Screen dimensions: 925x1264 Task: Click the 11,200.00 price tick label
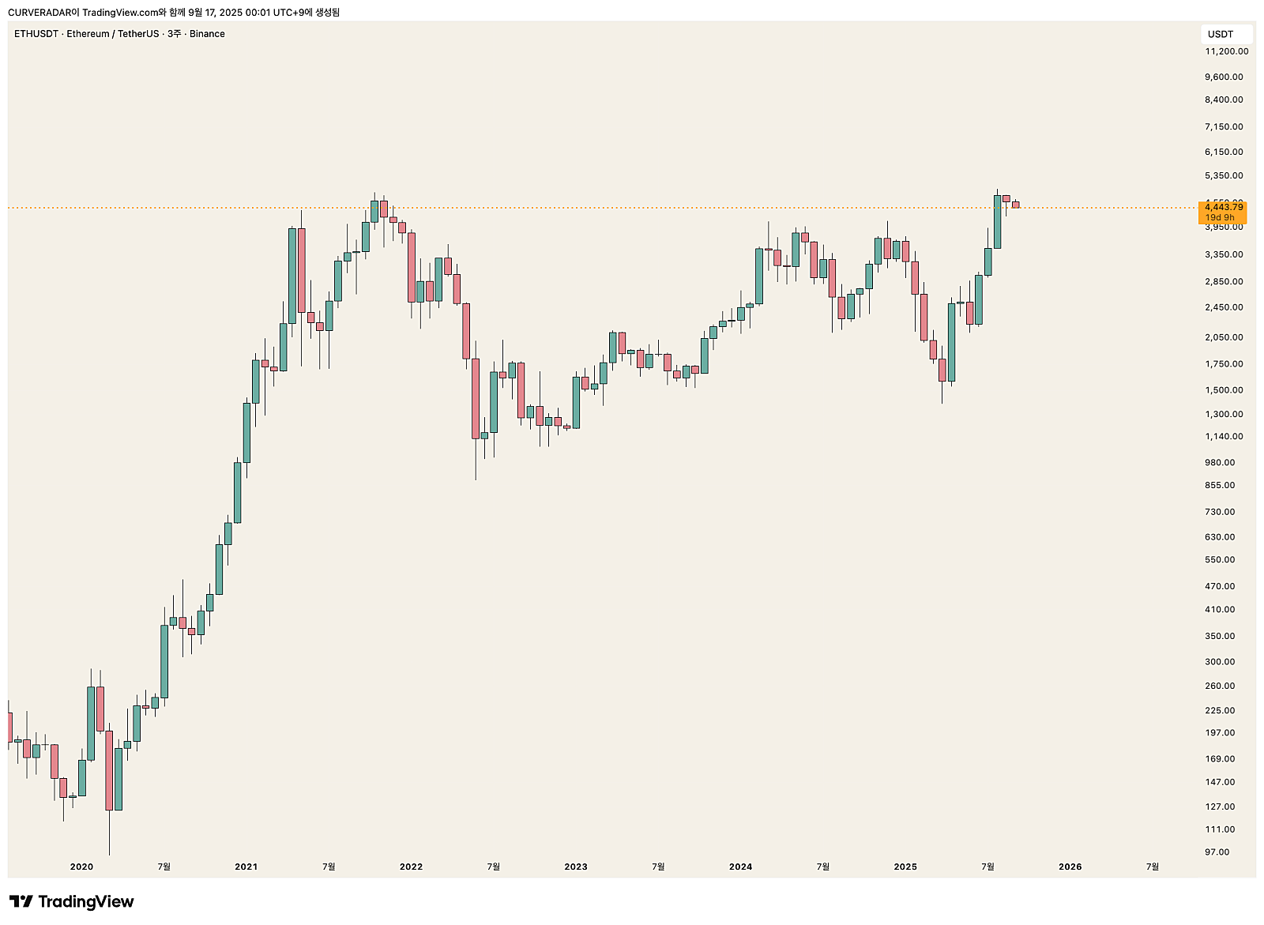[x=1226, y=51]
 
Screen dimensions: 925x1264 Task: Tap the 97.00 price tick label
[x=1217, y=852]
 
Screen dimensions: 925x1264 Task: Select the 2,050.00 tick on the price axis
[x=1224, y=337]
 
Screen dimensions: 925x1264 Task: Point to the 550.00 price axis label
[x=1220, y=559]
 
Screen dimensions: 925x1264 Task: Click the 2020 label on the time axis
[x=81, y=867]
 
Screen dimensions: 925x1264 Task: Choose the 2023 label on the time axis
[x=576, y=867]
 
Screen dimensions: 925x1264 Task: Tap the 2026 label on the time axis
[x=1070, y=867]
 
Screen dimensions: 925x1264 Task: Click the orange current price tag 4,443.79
[x=1224, y=207]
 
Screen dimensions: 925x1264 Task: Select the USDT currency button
[x=1221, y=34]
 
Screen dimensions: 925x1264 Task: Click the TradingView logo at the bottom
[x=71, y=901]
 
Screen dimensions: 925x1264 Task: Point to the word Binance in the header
[x=207, y=34]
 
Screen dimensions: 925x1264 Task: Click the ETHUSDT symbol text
[x=36, y=34]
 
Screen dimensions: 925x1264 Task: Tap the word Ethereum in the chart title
[x=88, y=34]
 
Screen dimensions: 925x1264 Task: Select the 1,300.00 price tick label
[x=1224, y=414]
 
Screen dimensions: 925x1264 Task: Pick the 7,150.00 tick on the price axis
[x=1224, y=126]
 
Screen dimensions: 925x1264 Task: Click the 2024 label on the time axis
[x=740, y=867]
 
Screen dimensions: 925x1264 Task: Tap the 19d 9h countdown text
[x=1220, y=217]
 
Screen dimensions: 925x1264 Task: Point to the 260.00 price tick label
[x=1220, y=686]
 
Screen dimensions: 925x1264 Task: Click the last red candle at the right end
[x=1015, y=205]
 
